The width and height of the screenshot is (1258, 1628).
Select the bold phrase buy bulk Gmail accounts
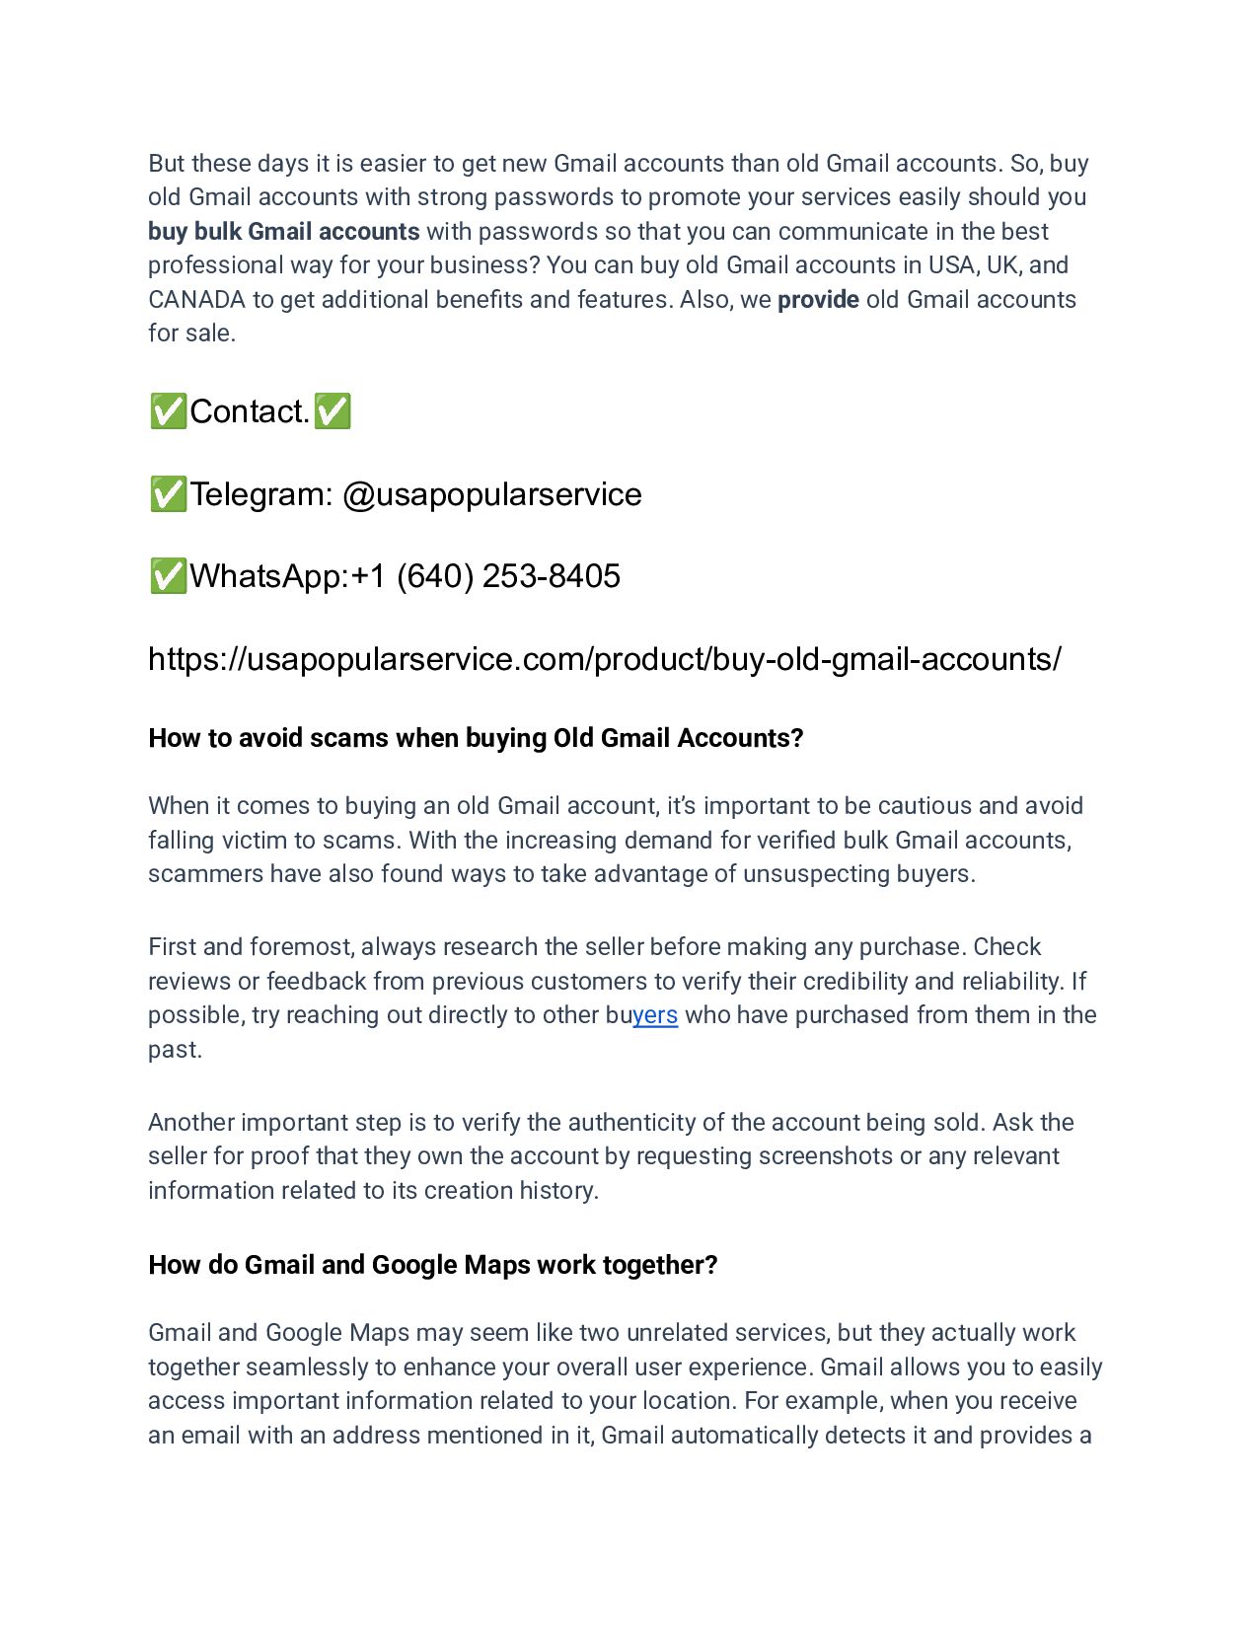point(284,231)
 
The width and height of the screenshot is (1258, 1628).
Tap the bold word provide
point(818,299)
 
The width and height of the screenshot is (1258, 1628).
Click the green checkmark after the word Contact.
point(333,411)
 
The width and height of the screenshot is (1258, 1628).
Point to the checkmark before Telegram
point(168,493)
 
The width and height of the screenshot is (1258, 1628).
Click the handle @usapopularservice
point(491,493)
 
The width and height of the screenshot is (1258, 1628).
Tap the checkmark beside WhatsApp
point(168,575)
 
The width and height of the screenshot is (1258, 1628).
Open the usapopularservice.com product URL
point(604,658)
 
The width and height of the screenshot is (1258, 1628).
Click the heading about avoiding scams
point(476,738)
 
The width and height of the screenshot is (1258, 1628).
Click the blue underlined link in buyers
point(655,1015)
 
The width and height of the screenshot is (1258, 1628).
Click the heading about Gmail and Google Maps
point(432,1265)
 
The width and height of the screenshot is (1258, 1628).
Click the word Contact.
point(250,411)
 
